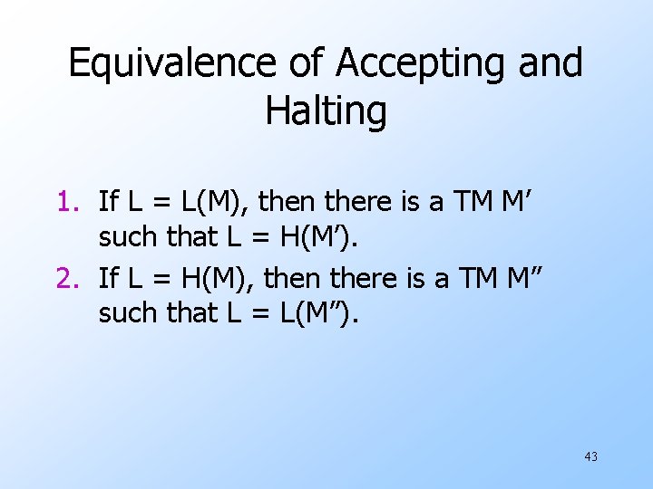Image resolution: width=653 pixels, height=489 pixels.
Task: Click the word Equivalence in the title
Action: [172, 64]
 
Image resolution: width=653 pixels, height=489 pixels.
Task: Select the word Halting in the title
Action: [326, 110]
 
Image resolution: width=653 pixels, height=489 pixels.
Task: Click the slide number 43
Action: [590, 456]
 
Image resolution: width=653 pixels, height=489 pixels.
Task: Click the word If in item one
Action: [108, 200]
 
